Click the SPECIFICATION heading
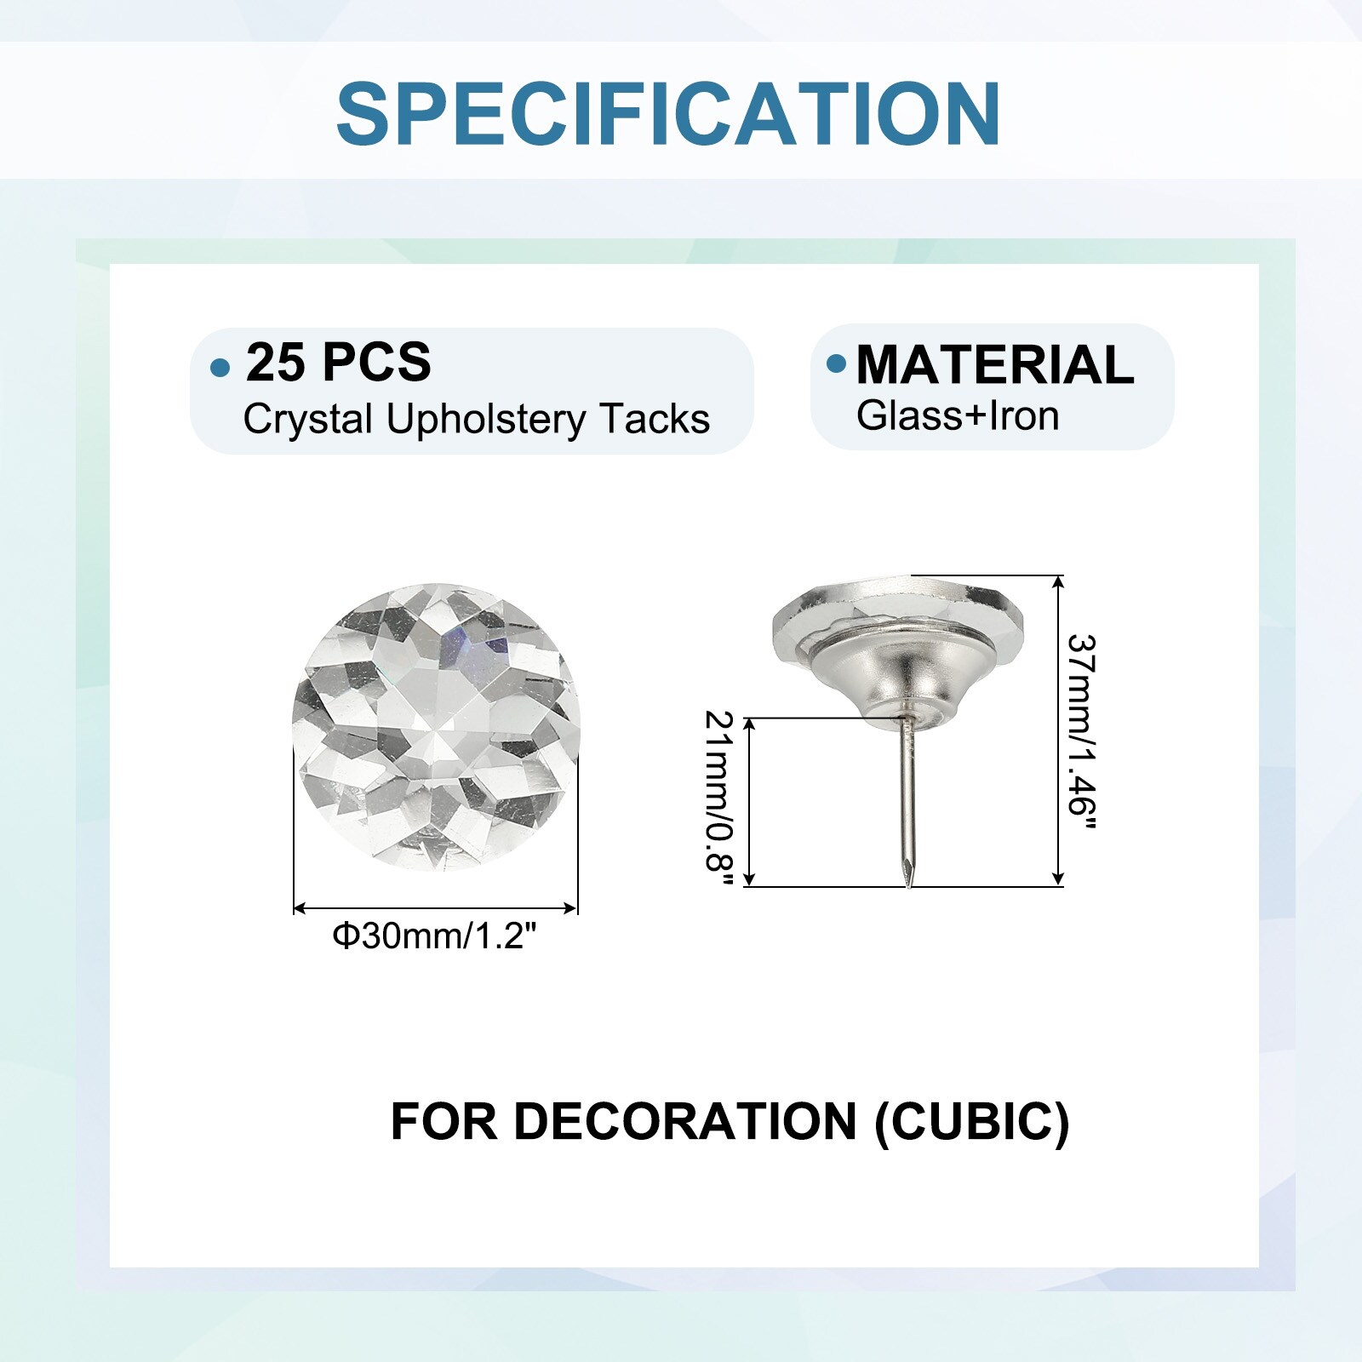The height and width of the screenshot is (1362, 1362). tap(668, 113)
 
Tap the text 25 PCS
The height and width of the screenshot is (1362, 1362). tap(339, 362)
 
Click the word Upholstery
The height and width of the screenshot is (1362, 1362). tap(486, 421)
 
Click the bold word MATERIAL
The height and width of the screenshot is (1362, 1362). tap(995, 365)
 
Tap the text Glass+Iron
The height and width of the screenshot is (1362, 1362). tap(958, 416)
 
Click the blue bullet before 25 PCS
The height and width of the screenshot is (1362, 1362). tap(220, 368)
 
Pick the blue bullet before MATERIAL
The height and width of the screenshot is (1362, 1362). tap(837, 363)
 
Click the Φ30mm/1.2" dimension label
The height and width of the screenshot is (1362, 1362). tap(435, 936)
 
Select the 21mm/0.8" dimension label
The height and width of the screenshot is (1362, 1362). tap(719, 802)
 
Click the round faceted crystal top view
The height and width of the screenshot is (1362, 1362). tap(435, 728)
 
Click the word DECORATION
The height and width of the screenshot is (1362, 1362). tap(685, 1121)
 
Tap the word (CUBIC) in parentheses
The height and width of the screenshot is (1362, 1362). tap(972, 1122)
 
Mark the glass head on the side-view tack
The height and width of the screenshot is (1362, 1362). tap(901, 615)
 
